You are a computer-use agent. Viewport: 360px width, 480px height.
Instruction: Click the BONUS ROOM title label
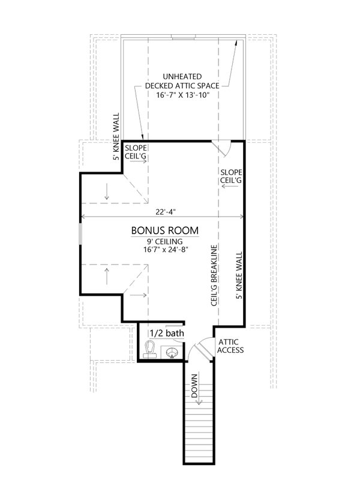tap(164, 230)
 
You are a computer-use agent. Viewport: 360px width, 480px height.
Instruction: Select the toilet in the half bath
tap(149, 349)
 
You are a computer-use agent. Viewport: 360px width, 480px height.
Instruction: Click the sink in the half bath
tap(172, 353)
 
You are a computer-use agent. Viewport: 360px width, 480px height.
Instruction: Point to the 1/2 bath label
tap(167, 333)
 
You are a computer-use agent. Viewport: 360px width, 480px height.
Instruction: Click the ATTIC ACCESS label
tap(230, 346)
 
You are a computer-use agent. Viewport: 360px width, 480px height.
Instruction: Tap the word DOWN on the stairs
tap(194, 386)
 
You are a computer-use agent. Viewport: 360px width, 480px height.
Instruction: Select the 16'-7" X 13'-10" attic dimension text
tap(182, 95)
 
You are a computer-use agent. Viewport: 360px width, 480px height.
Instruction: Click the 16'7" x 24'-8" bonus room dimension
tap(166, 250)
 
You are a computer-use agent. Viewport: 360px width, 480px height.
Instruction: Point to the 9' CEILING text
tap(164, 242)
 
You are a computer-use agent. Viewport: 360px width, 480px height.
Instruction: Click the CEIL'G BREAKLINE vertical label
tap(214, 275)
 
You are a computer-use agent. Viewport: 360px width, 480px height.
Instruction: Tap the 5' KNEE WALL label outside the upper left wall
tap(116, 137)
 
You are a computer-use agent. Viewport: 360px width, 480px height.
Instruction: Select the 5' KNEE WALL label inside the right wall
tap(239, 275)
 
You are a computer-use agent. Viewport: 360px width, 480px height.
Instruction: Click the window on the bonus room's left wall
tap(80, 234)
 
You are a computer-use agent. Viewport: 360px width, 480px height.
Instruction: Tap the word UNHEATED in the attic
tap(182, 77)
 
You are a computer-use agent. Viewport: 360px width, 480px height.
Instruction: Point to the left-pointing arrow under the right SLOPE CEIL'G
tap(230, 186)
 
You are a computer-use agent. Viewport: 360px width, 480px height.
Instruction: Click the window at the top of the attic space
tap(183, 38)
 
